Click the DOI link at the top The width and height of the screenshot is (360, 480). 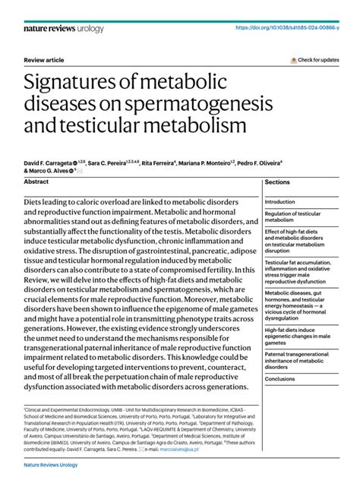pyautogui.click(x=295, y=27)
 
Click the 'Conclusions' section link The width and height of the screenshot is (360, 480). pyautogui.click(x=280, y=379)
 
